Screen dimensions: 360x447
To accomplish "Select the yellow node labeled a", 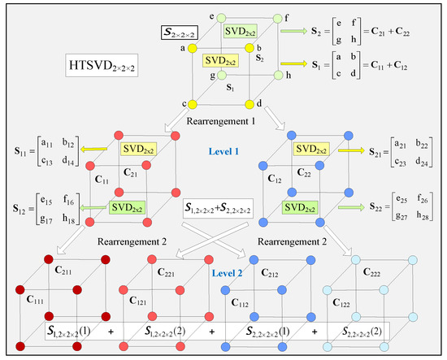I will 193,49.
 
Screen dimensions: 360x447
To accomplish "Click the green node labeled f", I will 277,17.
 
